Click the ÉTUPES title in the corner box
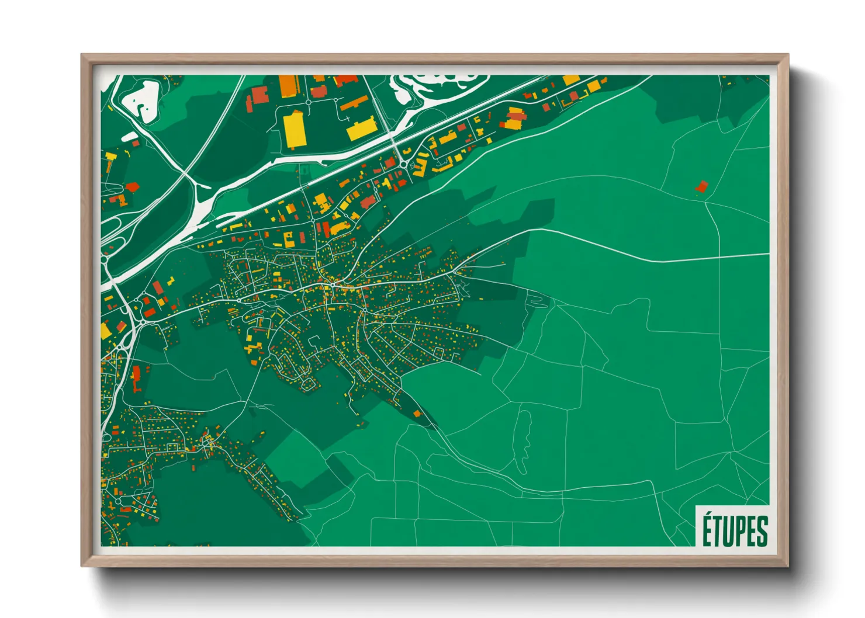click(735, 530)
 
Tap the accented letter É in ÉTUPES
click(707, 529)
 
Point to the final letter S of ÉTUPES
click(762, 531)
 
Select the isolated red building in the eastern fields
click(701, 187)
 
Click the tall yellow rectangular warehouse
click(293, 131)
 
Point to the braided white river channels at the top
click(432, 88)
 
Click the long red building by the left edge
click(137, 379)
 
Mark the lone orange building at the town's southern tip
click(417, 414)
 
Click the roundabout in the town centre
click(332, 284)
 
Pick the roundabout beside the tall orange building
click(308, 102)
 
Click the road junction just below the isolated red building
click(706, 200)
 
